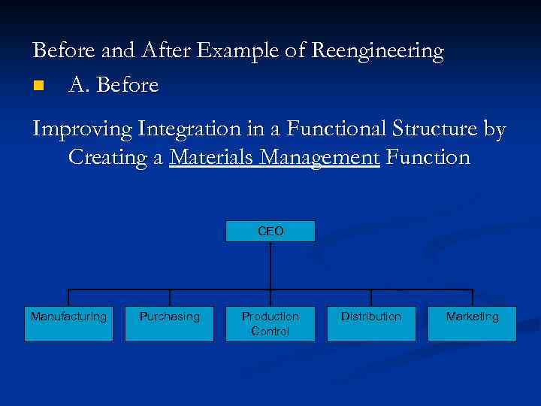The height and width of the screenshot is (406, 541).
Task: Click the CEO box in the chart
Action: click(x=270, y=231)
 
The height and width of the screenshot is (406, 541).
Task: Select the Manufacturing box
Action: click(x=68, y=323)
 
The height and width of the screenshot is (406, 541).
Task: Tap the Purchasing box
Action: click(x=169, y=323)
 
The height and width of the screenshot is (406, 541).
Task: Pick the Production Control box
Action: click(x=270, y=323)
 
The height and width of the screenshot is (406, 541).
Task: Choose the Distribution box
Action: click(x=371, y=323)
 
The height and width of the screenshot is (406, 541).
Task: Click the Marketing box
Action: click(x=472, y=323)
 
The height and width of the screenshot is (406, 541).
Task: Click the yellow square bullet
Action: click(x=39, y=86)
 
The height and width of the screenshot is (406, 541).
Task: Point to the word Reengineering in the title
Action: click(x=377, y=52)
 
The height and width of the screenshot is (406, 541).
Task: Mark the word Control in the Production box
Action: click(x=270, y=332)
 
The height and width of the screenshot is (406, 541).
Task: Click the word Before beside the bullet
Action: click(x=128, y=86)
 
